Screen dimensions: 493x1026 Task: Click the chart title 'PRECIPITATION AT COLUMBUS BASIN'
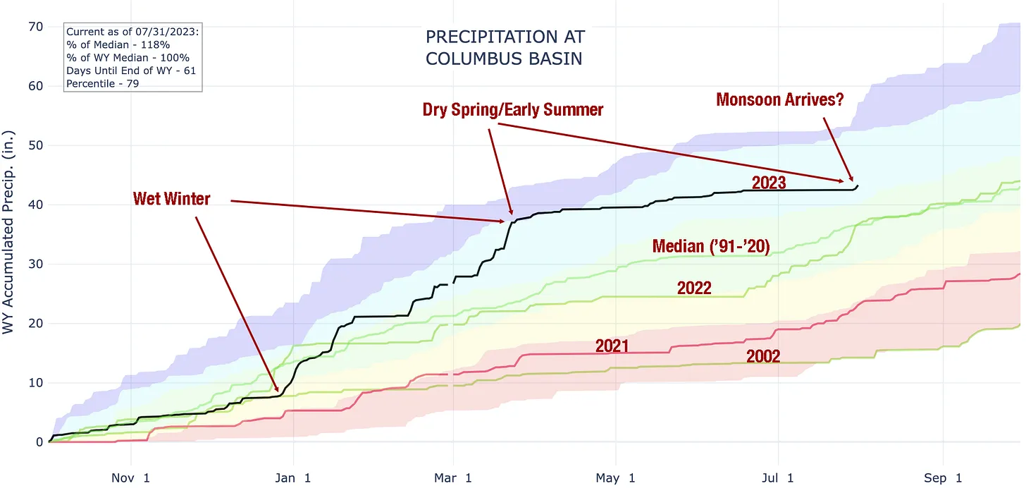click(505, 47)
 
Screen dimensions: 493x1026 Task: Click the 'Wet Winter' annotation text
click(171, 199)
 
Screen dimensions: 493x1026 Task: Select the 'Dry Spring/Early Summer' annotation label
click(513, 109)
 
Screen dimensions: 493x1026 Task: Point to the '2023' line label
click(769, 183)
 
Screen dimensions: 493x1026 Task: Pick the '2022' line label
click(694, 288)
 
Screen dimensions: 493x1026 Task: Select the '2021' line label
click(612, 346)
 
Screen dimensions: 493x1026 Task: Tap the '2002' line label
click(763, 357)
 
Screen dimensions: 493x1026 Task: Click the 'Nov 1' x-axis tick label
click(131, 478)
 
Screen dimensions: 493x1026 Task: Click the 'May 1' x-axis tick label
click(617, 478)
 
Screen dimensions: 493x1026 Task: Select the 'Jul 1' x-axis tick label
click(779, 478)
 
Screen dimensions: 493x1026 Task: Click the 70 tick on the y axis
click(35, 27)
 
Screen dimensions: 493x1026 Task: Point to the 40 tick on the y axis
click(35, 205)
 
